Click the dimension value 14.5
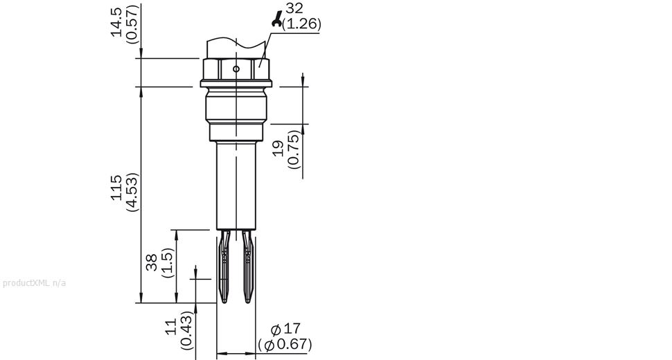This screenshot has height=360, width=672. (x=116, y=22)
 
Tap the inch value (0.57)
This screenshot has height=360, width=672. (x=132, y=24)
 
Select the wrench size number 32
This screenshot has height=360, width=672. (x=294, y=8)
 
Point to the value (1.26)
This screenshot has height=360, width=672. (x=302, y=24)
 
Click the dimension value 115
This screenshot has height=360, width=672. (x=116, y=188)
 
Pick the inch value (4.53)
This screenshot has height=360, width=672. (x=132, y=192)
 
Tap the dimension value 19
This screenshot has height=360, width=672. (x=278, y=148)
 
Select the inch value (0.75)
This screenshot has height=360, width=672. (x=294, y=149)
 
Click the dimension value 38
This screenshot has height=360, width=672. (x=152, y=262)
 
